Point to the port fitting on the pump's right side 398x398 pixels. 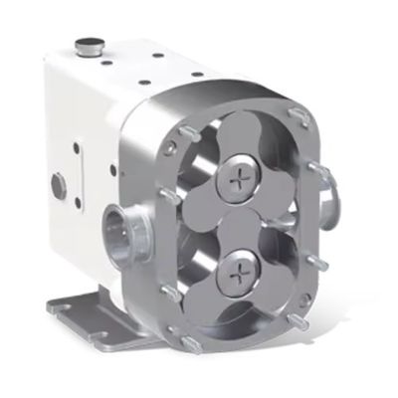[x=325, y=197]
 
